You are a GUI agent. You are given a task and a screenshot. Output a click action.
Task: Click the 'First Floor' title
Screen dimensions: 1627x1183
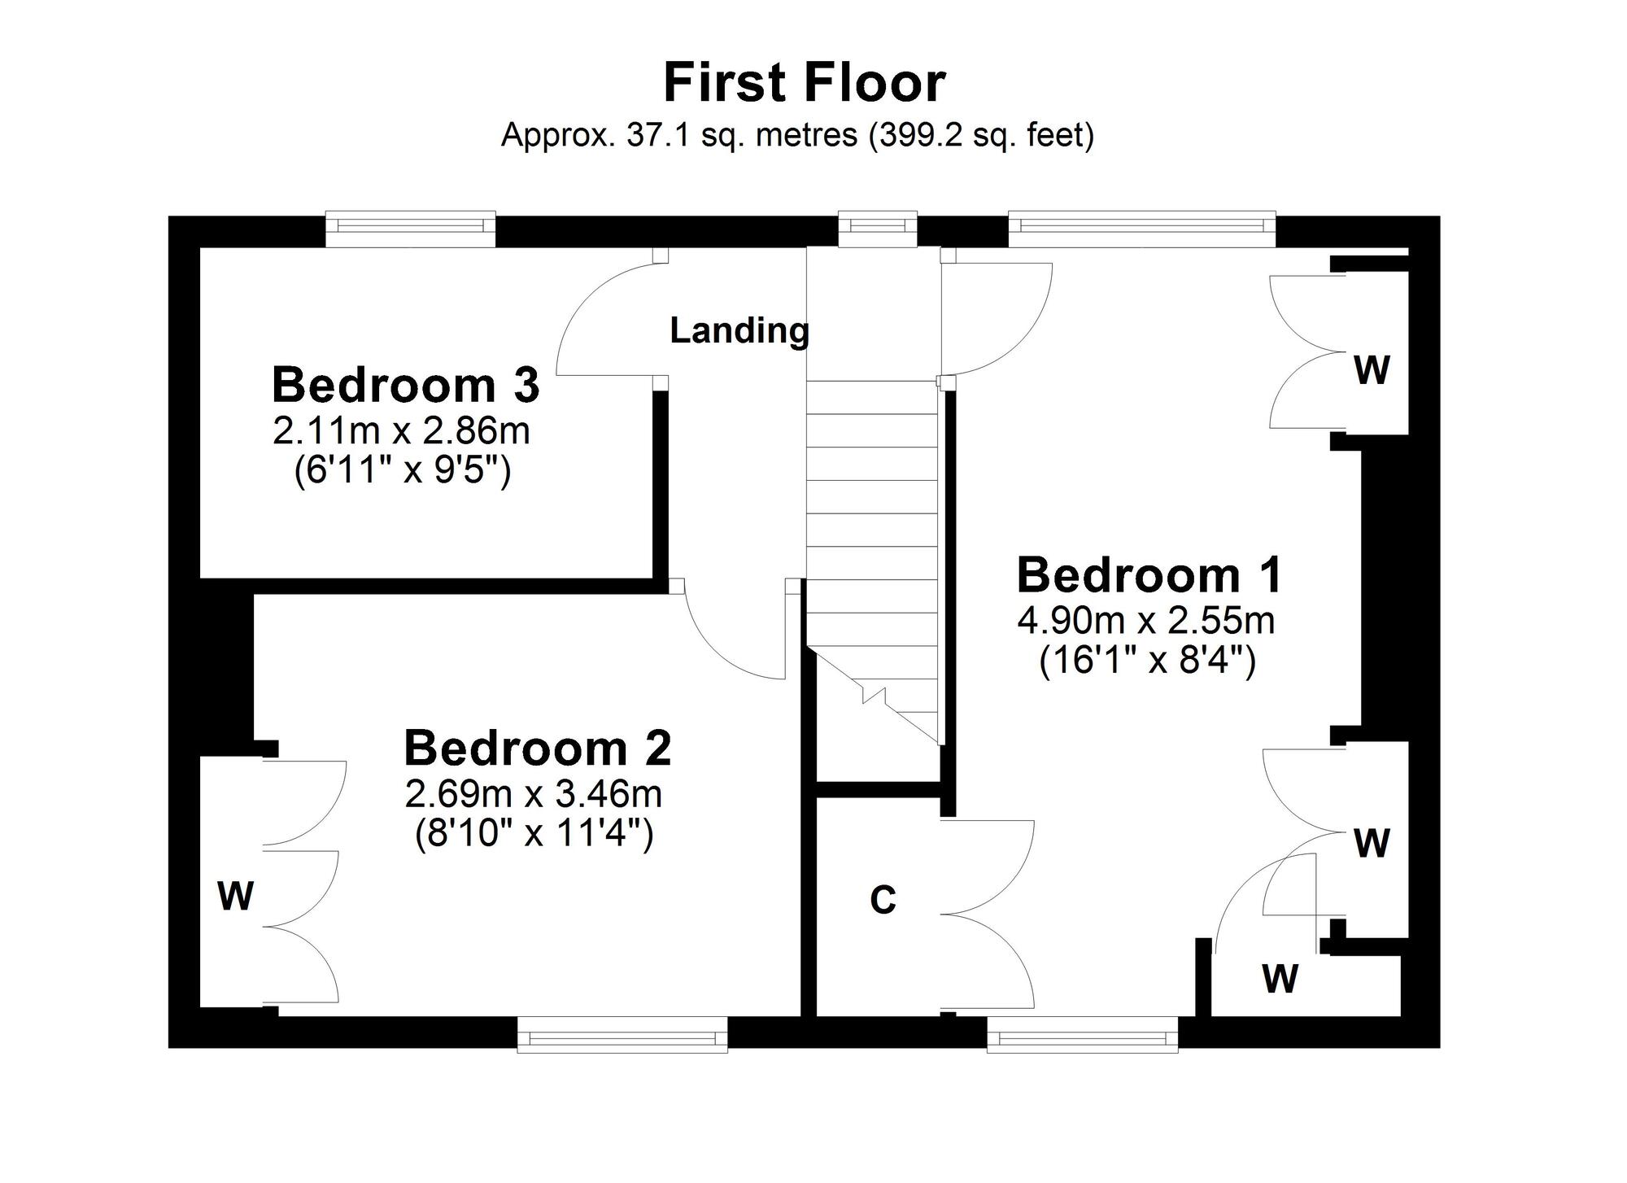[x=805, y=83]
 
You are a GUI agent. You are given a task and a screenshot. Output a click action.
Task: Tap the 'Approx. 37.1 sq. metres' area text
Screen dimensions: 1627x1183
[x=679, y=134]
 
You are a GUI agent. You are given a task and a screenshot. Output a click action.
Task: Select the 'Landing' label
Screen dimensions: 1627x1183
[x=739, y=330]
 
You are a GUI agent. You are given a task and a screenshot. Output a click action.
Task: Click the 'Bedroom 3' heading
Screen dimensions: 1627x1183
[x=405, y=385]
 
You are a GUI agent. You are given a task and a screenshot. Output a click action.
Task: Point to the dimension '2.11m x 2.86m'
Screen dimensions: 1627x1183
[x=401, y=431]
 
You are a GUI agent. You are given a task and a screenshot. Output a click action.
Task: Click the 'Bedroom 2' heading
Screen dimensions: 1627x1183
[x=538, y=749]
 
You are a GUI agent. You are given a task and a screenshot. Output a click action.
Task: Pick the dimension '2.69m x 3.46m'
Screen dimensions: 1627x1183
[x=534, y=794]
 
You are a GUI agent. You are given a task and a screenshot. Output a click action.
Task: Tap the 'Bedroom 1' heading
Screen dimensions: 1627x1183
[x=1149, y=575]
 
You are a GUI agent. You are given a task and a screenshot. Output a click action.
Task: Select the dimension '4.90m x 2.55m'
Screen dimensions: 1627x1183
[x=1146, y=622]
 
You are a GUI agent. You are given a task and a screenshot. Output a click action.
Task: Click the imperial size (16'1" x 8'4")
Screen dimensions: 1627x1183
[x=1148, y=661]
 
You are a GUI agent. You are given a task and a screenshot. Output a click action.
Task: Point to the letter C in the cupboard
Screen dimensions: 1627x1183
[x=883, y=900]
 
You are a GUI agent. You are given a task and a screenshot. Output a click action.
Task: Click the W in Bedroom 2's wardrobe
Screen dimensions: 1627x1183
[x=236, y=897]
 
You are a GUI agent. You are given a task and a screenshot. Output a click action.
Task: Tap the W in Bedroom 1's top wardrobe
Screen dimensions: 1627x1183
[x=1372, y=370]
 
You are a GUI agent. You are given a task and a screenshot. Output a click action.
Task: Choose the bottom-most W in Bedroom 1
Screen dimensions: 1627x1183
[x=1280, y=978]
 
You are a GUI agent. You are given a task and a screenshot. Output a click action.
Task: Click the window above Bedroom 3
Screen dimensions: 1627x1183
[x=410, y=229]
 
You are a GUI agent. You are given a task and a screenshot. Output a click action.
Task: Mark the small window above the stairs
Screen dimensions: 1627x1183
[x=878, y=229]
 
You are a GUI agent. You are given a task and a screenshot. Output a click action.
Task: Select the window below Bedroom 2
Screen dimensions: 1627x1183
[x=623, y=1034]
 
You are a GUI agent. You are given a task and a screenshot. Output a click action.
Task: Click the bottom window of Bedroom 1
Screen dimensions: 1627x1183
[x=1083, y=1034]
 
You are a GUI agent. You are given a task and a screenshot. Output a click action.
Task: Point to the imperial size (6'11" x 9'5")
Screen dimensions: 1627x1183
[x=402, y=470]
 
